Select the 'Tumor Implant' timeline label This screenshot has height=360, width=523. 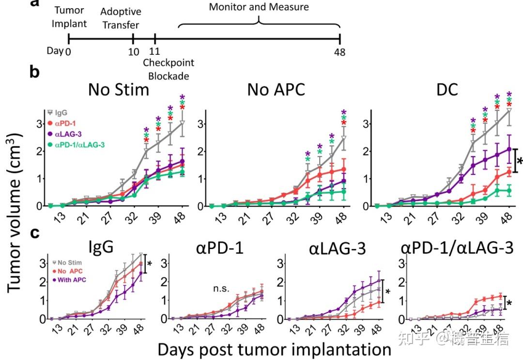[71, 17]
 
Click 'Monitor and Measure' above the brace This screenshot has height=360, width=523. [259, 7]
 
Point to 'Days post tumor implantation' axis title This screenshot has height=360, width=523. [274, 348]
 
